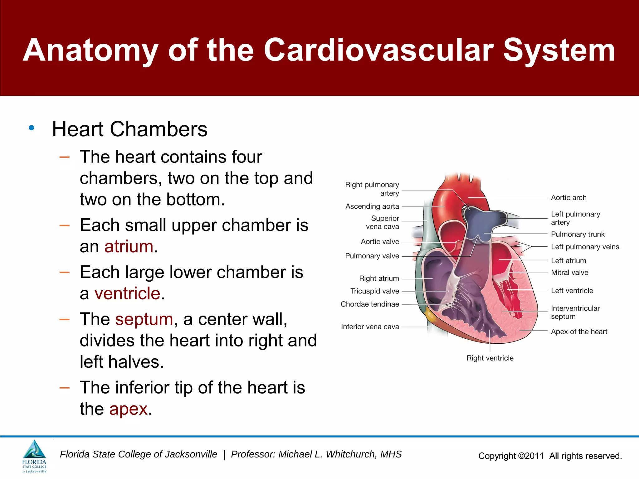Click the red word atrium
129,247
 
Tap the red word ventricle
127,293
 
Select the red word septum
144,319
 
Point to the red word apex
128,409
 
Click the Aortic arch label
568,198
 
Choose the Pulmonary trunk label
578,234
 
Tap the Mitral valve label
569,273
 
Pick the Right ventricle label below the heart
490,358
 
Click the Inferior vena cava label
370,327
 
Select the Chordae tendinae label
370,304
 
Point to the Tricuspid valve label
374,291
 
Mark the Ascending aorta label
372,206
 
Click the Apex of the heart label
579,331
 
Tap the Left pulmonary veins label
585,247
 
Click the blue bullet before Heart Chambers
31,128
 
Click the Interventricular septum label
575,312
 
